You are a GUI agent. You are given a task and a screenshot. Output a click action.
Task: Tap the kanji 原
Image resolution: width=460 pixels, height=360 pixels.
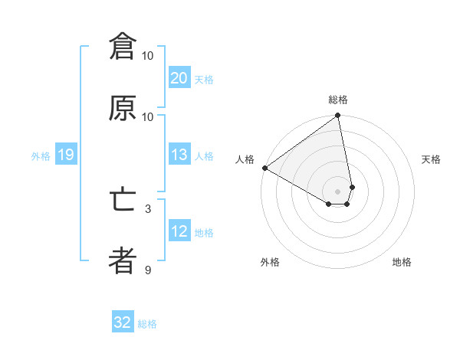123,109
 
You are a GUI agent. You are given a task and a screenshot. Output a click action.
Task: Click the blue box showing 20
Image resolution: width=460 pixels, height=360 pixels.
179,78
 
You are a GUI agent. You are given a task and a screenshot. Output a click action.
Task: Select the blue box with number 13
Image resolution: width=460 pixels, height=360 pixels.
179,155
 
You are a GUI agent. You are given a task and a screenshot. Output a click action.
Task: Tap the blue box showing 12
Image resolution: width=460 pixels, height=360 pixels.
179,231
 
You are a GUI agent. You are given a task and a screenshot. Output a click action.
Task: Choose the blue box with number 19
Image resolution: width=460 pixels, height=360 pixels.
65,155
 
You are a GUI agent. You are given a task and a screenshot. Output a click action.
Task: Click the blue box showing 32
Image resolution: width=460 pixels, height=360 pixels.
123,322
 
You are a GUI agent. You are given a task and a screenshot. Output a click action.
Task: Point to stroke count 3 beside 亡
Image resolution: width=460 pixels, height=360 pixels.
148,208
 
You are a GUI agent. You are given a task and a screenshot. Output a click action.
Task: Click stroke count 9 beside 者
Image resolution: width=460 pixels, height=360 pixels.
148,270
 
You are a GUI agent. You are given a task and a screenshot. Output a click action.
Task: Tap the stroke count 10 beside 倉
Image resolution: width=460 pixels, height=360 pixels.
148,55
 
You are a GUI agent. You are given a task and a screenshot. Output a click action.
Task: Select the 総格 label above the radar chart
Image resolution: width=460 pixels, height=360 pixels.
338,100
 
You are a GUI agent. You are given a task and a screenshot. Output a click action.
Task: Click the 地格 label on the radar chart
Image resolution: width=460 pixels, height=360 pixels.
402,262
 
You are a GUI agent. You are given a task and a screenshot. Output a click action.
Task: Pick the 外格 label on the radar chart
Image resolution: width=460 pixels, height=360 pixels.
270,262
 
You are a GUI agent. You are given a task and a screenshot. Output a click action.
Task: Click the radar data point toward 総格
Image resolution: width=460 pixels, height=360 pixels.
338,116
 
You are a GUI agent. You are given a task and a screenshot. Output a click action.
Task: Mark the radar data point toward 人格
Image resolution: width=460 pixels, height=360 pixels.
264,168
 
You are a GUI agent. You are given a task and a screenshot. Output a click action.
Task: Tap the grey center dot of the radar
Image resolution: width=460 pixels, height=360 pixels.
338,191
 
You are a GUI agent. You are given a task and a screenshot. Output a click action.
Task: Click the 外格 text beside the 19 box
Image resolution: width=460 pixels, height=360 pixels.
41,156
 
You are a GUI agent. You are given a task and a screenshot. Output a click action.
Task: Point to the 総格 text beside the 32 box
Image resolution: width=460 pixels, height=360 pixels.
147,323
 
